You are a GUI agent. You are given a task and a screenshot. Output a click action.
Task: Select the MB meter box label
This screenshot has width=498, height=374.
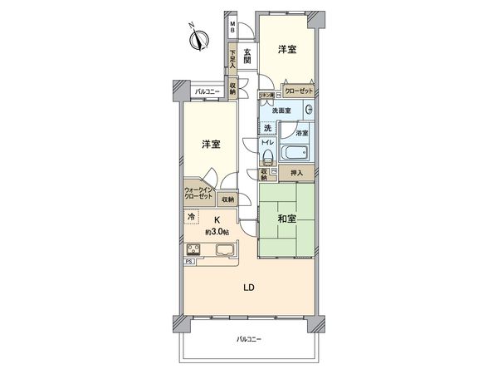click(x=233, y=27)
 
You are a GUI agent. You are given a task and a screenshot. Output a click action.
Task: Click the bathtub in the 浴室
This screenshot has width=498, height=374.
click(x=295, y=153)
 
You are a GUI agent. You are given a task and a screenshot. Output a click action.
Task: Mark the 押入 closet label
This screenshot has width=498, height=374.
click(x=296, y=173)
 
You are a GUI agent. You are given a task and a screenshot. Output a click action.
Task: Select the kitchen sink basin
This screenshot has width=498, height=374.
click(x=226, y=249)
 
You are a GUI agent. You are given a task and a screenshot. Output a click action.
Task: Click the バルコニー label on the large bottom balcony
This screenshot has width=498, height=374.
click(x=247, y=340)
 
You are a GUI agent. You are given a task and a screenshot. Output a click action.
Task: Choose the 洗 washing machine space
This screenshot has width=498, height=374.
click(x=267, y=128)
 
